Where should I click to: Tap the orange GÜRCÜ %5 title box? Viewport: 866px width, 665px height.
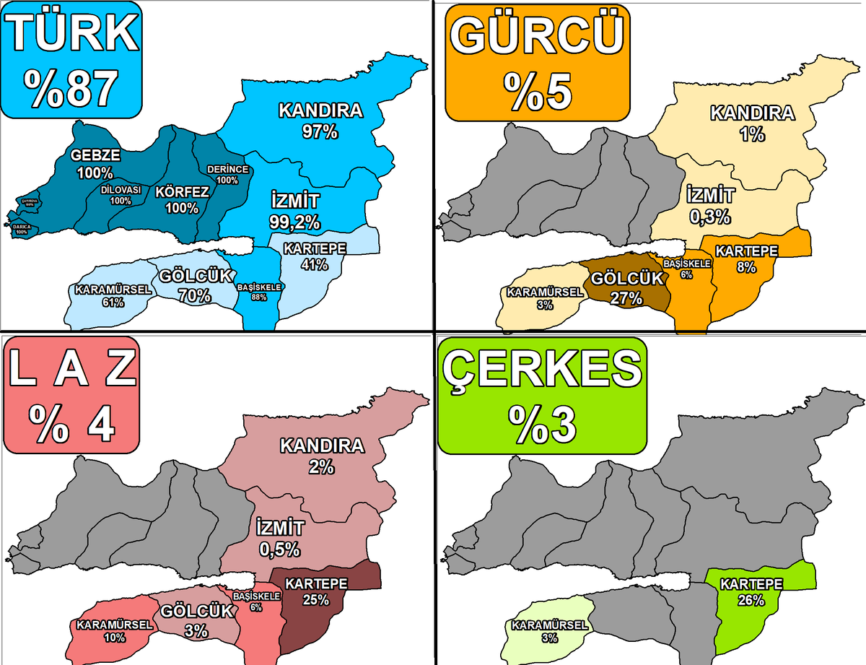click(x=537, y=62)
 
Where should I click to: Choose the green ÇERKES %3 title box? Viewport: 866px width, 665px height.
click(x=541, y=394)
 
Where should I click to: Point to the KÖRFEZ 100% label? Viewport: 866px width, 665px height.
click(x=182, y=200)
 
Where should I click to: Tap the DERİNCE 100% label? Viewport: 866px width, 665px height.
click(x=227, y=174)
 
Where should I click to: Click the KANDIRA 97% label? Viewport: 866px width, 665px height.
click(x=320, y=121)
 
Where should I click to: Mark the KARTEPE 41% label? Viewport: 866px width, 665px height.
click(x=315, y=256)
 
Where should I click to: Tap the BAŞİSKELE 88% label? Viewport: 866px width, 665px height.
click(x=260, y=292)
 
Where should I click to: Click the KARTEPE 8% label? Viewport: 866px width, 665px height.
click(x=746, y=258)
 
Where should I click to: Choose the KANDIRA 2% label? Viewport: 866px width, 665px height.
click(x=321, y=456)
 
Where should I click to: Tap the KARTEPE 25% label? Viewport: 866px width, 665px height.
click(x=316, y=591)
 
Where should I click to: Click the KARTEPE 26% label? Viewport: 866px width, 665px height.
click(x=751, y=591)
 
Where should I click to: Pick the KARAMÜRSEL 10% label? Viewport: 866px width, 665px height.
click(x=114, y=630)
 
